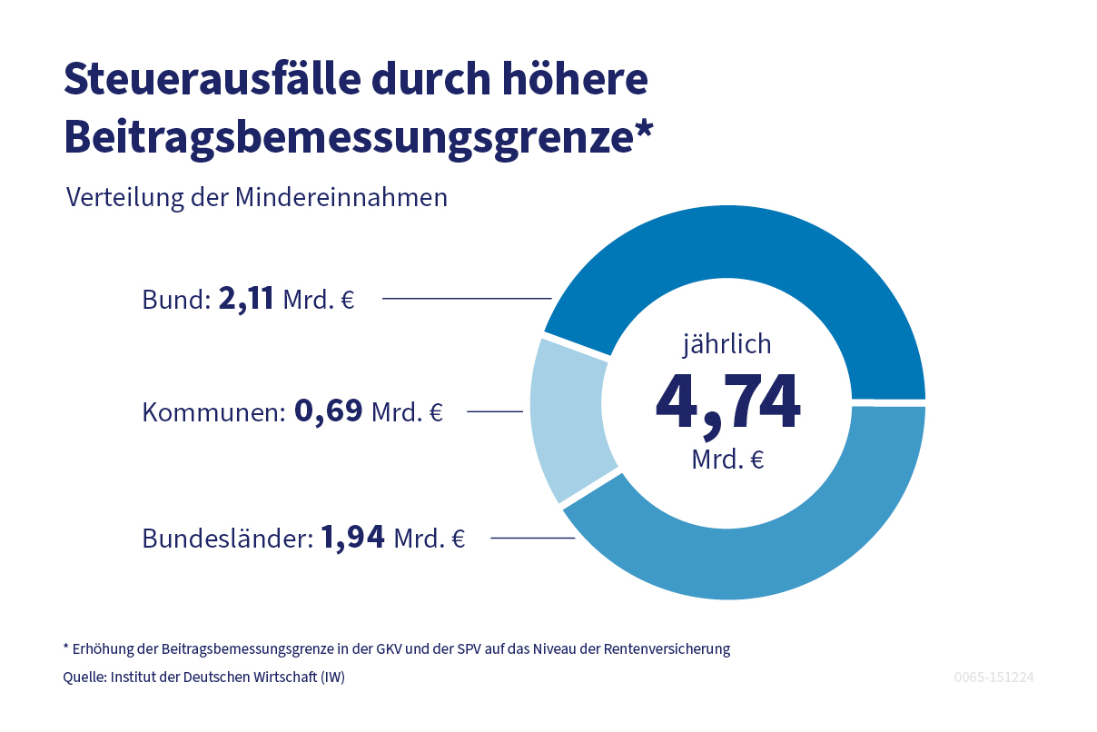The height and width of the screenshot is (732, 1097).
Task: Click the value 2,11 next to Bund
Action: [x=246, y=299]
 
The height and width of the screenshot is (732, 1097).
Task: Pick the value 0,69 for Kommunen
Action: [x=328, y=412]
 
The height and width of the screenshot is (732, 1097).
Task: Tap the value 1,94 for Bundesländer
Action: [x=352, y=538]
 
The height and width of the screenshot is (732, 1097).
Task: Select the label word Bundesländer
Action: [x=227, y=539]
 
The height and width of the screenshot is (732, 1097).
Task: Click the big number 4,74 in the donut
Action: [x=727, y=401]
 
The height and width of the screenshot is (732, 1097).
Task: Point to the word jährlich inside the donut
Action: [x=727, y=344]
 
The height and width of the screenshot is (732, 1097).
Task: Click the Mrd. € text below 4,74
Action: [x=727, y=460]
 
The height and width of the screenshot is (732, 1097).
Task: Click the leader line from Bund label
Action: [x=467, y=298]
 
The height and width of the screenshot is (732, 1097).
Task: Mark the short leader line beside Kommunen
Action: [x=495, y=412]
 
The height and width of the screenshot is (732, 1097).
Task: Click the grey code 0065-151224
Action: [x=994, y=678]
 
